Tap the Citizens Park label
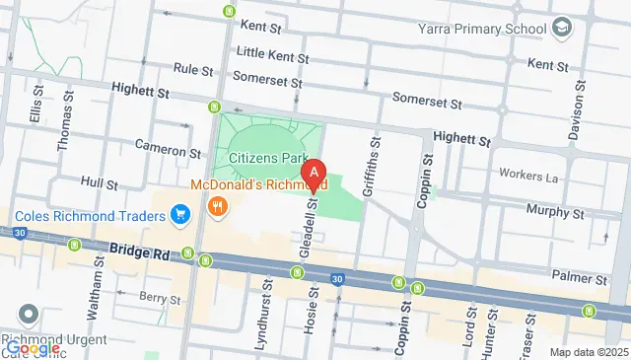click(267, 157)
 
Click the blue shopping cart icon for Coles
click(179, 214)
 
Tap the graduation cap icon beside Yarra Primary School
click(563, 26)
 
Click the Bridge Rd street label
click(139, 253)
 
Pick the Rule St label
click(193, 70)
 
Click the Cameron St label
click(168, 151)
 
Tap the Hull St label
click(99, 183)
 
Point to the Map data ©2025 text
click(588, 352)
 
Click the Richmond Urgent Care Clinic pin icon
click(28, 317)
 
